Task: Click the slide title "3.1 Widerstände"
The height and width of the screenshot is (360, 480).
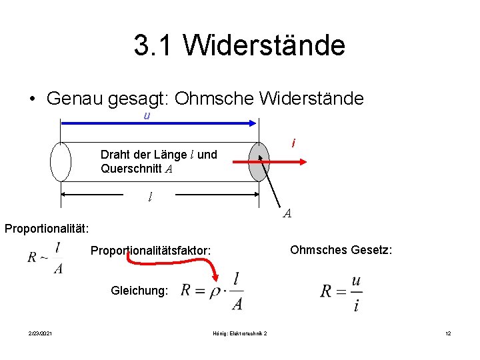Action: click(239, 45)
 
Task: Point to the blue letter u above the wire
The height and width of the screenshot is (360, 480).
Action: click(147, 115)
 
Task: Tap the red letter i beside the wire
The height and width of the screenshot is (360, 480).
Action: click(294, 143)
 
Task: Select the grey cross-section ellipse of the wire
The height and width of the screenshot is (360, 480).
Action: click(259, 162)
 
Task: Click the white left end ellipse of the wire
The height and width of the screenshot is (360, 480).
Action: click(61, 162)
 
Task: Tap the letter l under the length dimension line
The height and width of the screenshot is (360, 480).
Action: click(151, 197)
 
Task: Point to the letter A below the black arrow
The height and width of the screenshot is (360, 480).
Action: click(287, 213)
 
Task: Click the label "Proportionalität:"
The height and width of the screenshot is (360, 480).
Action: click(47, 229)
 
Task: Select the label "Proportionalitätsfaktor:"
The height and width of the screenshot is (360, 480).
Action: click(151, 251)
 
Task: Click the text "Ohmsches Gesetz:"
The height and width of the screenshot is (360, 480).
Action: click(341, 249)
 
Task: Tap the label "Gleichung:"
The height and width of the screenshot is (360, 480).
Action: click(140, 291)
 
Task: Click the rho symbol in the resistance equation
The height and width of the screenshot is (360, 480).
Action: click(214, 291)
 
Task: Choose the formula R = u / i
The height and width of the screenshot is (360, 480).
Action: click(342, 291)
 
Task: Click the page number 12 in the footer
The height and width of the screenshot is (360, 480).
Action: click(449, 333)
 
